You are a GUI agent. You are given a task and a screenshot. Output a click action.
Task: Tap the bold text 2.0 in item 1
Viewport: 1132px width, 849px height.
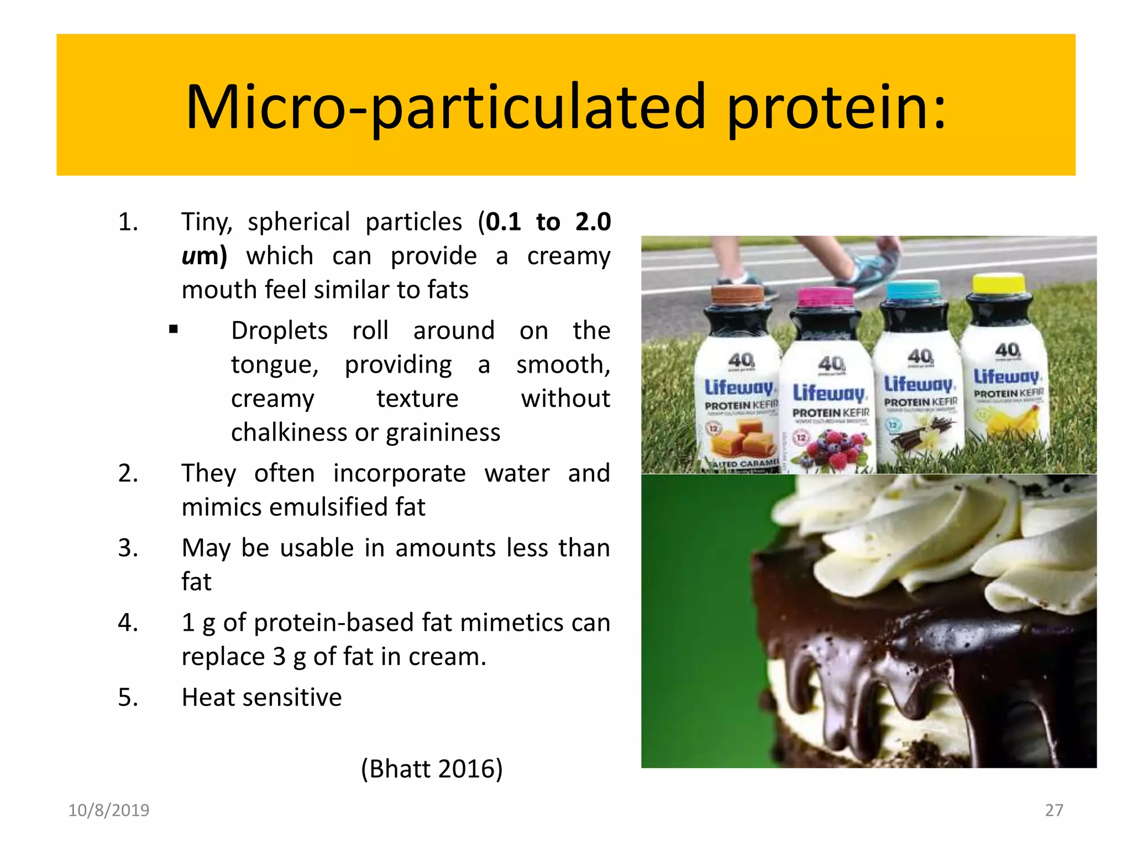pyautogui.click(x=593, y=222)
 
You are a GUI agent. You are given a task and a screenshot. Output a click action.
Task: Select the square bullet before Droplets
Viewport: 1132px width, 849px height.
pyautogui.click(x=174, y=331)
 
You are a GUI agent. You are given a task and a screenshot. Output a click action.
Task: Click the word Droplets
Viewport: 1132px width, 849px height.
pyautogui.click(x=279, y=331)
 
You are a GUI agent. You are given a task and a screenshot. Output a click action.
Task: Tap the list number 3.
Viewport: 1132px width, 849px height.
pyautogui.click(x=128, y=548)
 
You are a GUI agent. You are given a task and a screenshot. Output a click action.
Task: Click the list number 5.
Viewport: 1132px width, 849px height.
pyautogui.click(x=128, y=698)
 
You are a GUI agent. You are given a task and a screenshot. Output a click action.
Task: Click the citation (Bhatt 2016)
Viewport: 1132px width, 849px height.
pyautogui.click(x=432, y=769)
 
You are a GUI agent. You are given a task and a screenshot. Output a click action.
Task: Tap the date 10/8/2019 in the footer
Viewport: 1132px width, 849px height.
pyautogui.click(x=108, y=810)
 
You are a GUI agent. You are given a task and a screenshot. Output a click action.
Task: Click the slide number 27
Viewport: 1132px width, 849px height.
pyautogui.click(x=1054, y=810)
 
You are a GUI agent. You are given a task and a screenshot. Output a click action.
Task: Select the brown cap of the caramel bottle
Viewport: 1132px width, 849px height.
pyautogui.click(x=737, y=294)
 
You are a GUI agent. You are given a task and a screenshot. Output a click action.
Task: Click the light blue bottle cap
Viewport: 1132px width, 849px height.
pyautogui.click(x=913, y=289)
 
